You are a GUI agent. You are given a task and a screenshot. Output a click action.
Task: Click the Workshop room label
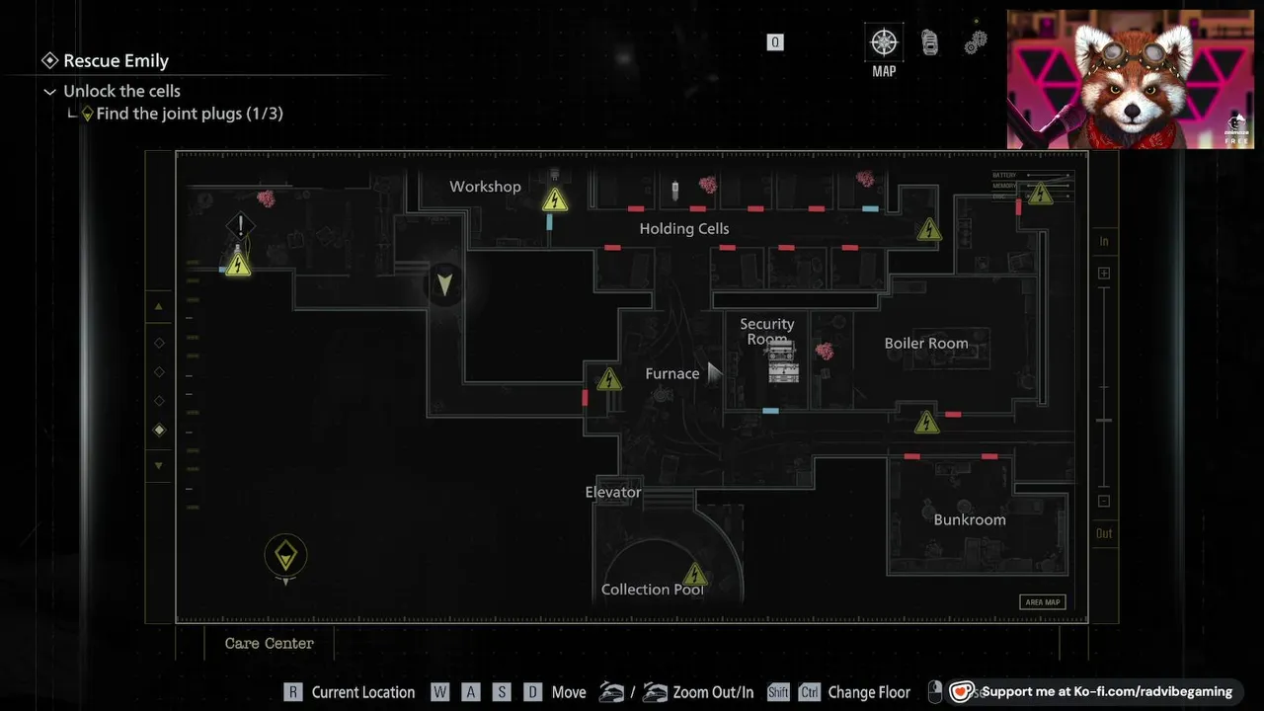485,187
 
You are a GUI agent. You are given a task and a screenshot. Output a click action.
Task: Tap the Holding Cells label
683,228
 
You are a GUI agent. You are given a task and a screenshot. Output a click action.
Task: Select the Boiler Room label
925,344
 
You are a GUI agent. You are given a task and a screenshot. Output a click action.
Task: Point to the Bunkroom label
969,519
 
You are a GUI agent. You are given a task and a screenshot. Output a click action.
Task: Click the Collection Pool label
652,590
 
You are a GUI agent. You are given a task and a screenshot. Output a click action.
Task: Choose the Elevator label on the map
612,492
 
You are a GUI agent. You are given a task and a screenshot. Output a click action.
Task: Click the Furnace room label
671,373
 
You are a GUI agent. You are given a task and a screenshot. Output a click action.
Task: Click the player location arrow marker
444,284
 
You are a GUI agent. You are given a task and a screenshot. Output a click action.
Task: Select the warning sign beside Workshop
555,200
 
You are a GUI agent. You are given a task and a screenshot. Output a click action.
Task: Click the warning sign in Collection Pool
695,575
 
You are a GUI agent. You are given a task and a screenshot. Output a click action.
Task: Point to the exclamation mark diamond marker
240,226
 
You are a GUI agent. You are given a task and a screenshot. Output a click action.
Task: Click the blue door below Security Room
770,411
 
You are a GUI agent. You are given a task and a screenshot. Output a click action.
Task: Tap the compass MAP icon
884,43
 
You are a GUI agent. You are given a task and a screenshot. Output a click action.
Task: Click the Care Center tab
269,643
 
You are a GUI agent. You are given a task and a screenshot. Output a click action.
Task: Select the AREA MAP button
1042,602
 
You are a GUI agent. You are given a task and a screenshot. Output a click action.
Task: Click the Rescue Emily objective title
116,61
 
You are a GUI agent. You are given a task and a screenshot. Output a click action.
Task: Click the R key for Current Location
292,692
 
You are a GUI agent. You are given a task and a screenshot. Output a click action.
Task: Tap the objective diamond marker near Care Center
285,556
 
